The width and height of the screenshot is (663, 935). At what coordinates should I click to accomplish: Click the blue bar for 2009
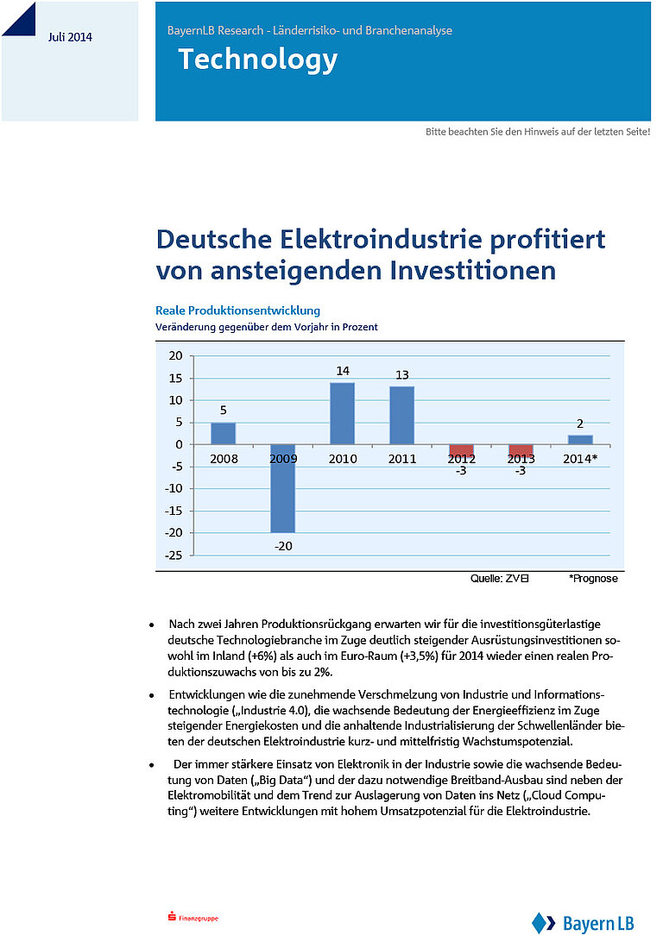coord(283,488)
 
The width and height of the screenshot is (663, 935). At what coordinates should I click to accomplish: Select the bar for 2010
coord(343,413)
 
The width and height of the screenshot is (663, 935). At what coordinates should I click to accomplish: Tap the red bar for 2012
coord(461,451)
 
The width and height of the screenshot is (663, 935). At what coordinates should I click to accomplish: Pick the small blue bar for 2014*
coord(580,440)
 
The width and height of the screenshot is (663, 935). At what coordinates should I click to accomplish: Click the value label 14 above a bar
coord(343,371)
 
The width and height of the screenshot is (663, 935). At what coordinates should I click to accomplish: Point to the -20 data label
coord(283,546)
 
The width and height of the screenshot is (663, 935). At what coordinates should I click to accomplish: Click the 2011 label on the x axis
coord(402,459)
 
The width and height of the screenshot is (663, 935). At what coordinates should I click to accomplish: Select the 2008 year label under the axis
coord(224,459)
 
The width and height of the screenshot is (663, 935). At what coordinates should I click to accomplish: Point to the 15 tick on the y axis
coord(175,378)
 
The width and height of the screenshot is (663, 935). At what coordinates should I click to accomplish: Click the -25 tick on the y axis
coord(174,555)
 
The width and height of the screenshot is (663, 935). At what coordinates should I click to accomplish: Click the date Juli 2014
coord(71,37)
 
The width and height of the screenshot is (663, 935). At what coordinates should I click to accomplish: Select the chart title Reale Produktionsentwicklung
coord(237,311)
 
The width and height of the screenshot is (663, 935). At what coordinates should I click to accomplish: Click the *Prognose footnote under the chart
coord(593,579)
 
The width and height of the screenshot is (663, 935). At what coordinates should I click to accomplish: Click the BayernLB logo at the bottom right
coord(583,923)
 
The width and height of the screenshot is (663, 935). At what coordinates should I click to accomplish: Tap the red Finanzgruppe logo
coord(193,918)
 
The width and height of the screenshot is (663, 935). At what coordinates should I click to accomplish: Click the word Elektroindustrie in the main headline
coord(381,240)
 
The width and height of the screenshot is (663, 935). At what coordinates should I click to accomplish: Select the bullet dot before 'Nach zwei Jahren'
coord(152,625)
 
